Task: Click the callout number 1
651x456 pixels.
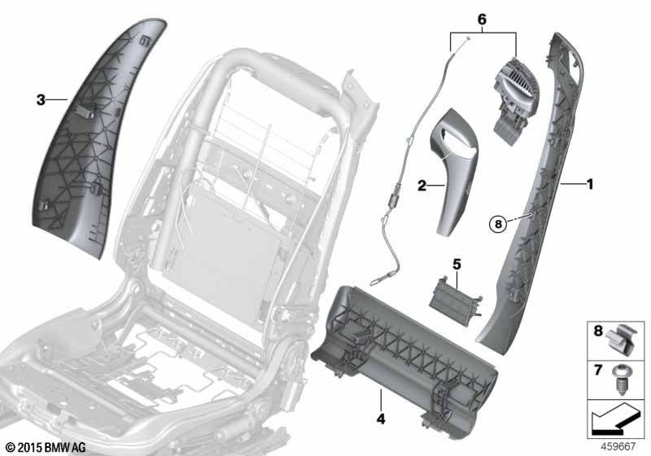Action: [589, 184]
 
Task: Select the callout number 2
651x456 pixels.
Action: [422, 186]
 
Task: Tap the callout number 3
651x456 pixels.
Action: [41, 99]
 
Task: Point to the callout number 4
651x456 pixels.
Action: [381, 419]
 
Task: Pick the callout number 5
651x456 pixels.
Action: [457, 264]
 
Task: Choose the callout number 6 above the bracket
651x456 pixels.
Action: [482, 19]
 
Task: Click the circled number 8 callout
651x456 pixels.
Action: [498, 224]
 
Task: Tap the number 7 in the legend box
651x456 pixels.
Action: [598, 370]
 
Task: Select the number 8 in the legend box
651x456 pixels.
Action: [598, 331]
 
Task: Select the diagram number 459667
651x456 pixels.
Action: [618, 446]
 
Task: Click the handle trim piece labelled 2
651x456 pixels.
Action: [452, 170]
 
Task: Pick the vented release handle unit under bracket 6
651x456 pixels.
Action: [514, 102]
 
